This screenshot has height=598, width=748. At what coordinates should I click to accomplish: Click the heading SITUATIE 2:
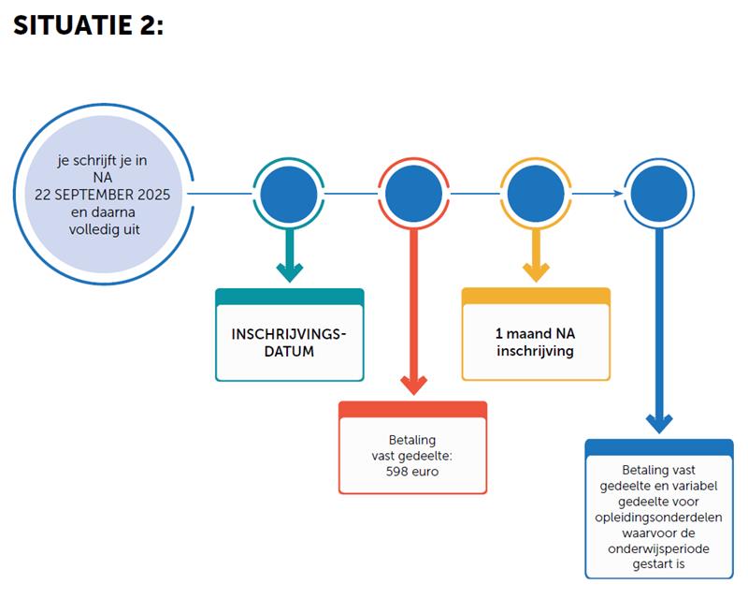(x=88, y=25)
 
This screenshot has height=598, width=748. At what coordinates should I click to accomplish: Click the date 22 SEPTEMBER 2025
(x=102, y=195)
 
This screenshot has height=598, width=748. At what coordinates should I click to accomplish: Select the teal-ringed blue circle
(x=289, y=194)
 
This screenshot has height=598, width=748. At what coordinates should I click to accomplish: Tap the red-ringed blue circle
(x=413, y=194)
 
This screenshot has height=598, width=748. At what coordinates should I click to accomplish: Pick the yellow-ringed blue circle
(x=536, y=194)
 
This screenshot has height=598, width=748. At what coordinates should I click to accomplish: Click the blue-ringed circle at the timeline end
(x=659, y=194)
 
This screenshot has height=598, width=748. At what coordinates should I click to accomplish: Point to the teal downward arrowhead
(x=290, y=272)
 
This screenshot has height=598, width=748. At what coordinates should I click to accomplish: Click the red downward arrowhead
(x=413, y=385)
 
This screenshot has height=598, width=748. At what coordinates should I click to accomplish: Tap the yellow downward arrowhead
(x=536, y=272)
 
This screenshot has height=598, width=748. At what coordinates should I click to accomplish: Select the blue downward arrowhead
(x=659, y=424)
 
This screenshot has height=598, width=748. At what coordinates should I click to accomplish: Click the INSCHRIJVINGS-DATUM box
(x=290, y=335)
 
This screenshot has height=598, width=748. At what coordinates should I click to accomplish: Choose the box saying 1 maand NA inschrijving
(x=536, y=334)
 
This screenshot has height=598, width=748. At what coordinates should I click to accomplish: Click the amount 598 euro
(x=412, y=472)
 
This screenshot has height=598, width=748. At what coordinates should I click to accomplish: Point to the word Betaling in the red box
(x=412, y=440)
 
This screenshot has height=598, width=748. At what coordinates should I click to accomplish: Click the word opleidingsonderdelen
(x=658, y=518)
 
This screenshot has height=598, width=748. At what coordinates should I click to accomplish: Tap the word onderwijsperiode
(x=658, y=548)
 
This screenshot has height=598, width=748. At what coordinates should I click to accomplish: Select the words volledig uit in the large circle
(x=105, y=229)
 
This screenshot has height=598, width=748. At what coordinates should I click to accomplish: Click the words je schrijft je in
(x=102, y=160)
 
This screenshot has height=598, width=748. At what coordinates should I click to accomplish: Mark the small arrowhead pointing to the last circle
(x=618, y=194)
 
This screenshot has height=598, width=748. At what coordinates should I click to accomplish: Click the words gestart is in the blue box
(x=658, y=564)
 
